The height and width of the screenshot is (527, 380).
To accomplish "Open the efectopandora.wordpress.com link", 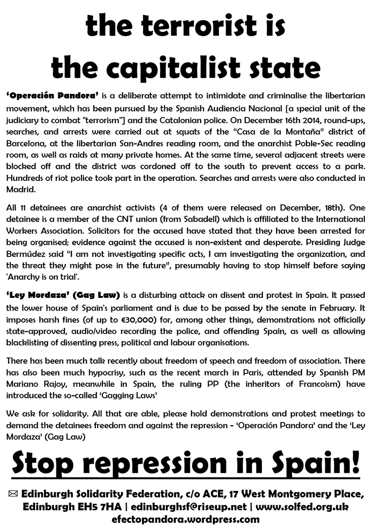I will (189, 519).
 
